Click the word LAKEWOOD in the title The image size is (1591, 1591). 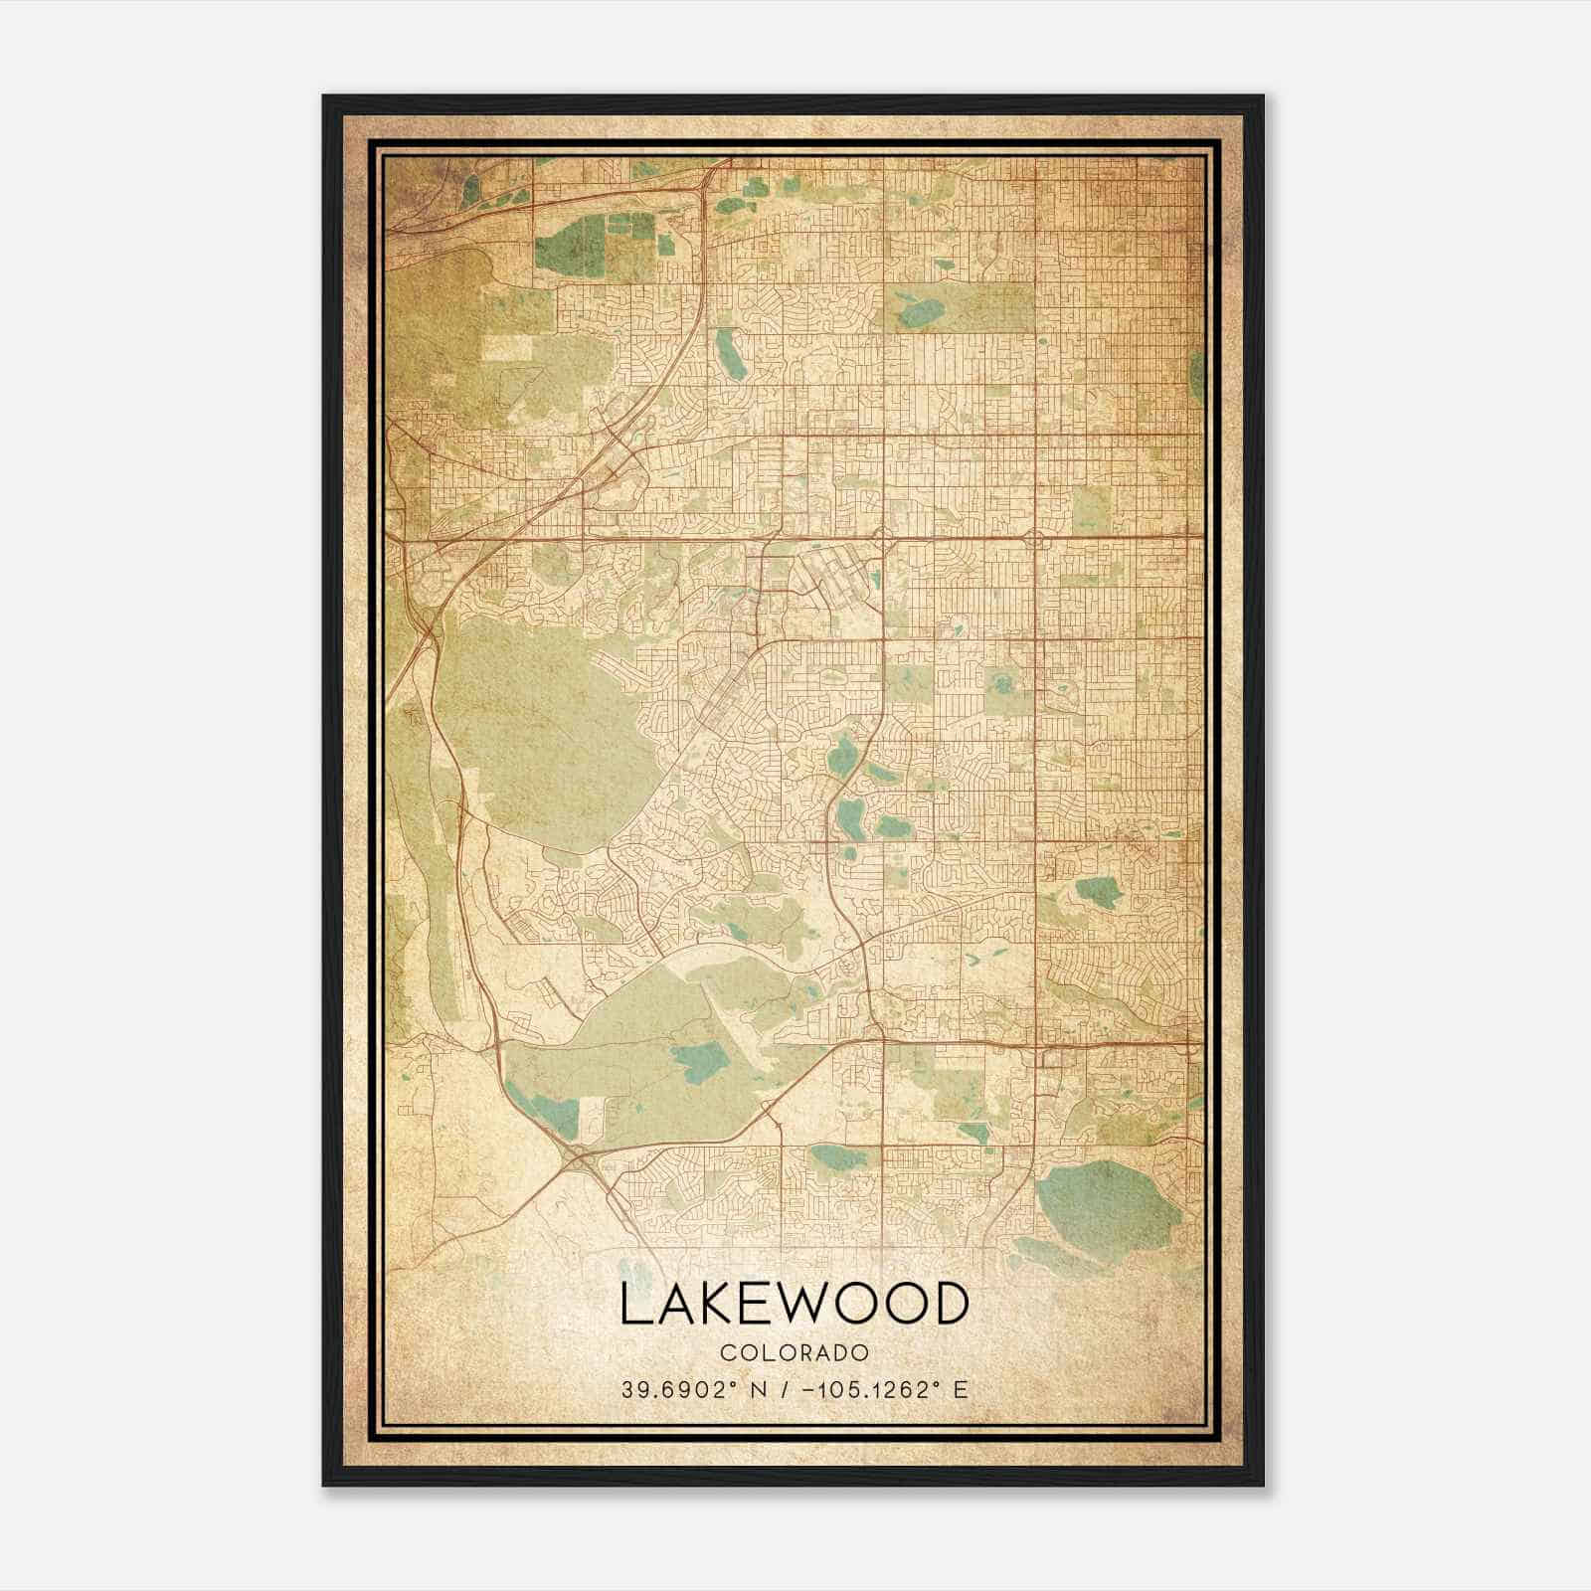click(795, 1304)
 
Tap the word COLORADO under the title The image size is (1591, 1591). click(795, 1353)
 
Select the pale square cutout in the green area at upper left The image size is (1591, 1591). click(508, 347)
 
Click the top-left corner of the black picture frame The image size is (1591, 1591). click(325, 97)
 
